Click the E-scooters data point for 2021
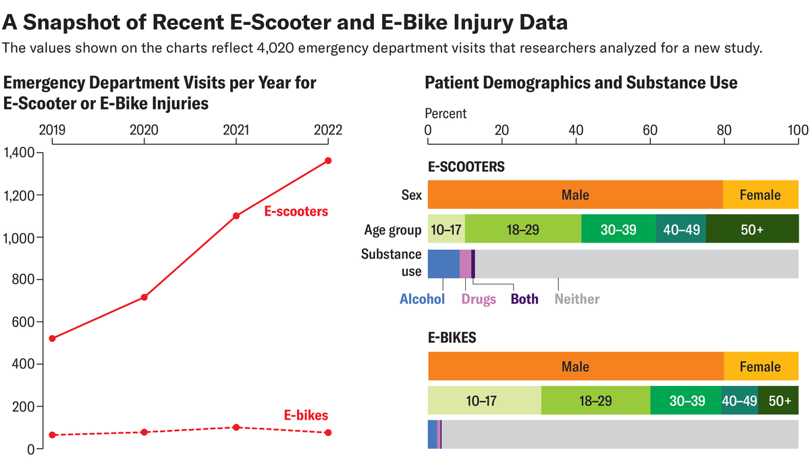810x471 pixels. tap(236, 216)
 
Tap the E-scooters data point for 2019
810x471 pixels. tap(52, 338)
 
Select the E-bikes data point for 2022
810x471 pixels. tap(328, 432)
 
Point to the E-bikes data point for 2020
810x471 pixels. tap(144, 432)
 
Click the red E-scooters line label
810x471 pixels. tap(296, 212)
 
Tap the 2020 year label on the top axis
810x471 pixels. tap(144, 130)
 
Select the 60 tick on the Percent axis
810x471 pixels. tap(649, 130)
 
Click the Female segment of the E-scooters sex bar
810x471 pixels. tap(760, 195)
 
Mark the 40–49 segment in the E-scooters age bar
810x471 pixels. tap(680, 229)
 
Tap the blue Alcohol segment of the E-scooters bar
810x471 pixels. tap(443, 264)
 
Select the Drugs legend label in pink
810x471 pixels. tap(479, 299)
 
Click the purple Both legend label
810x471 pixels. tap(524, 299)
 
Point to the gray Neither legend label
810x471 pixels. tap(576, 299)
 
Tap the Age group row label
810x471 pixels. tap(393, 229)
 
